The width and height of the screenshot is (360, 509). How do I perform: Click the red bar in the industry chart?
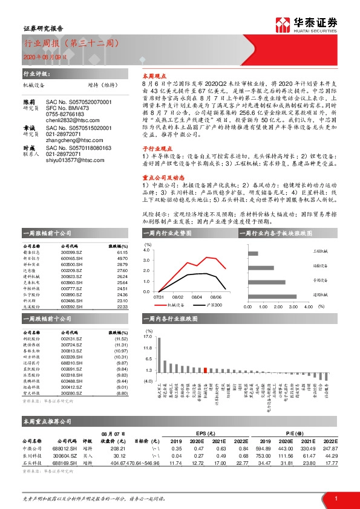coord(206,370)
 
